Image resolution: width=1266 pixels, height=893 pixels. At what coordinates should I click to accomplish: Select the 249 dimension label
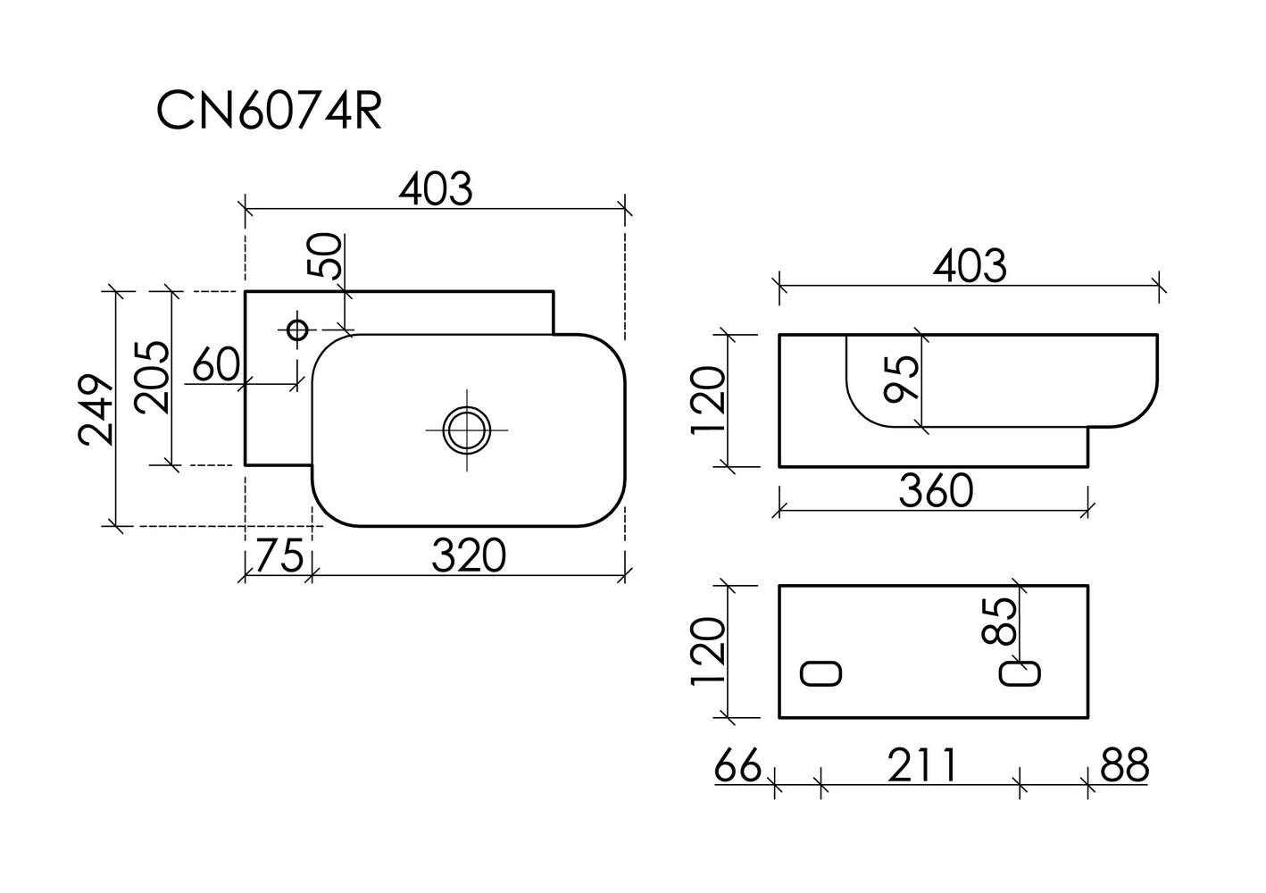(x=96, y=409)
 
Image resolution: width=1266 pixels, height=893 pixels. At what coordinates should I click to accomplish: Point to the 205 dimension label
(x=152, y=378)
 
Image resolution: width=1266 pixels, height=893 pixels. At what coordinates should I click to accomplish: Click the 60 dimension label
(x=216, y=364)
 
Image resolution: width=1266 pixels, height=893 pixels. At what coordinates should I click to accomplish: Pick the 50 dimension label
(x=325, y=255)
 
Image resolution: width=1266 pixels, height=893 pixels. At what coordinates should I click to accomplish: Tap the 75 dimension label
(x=279, y=555)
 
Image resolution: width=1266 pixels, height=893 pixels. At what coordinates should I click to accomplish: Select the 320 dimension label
(x=469, y=555)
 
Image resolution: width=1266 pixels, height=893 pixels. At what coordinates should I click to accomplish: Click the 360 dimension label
(x=936, y=490)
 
